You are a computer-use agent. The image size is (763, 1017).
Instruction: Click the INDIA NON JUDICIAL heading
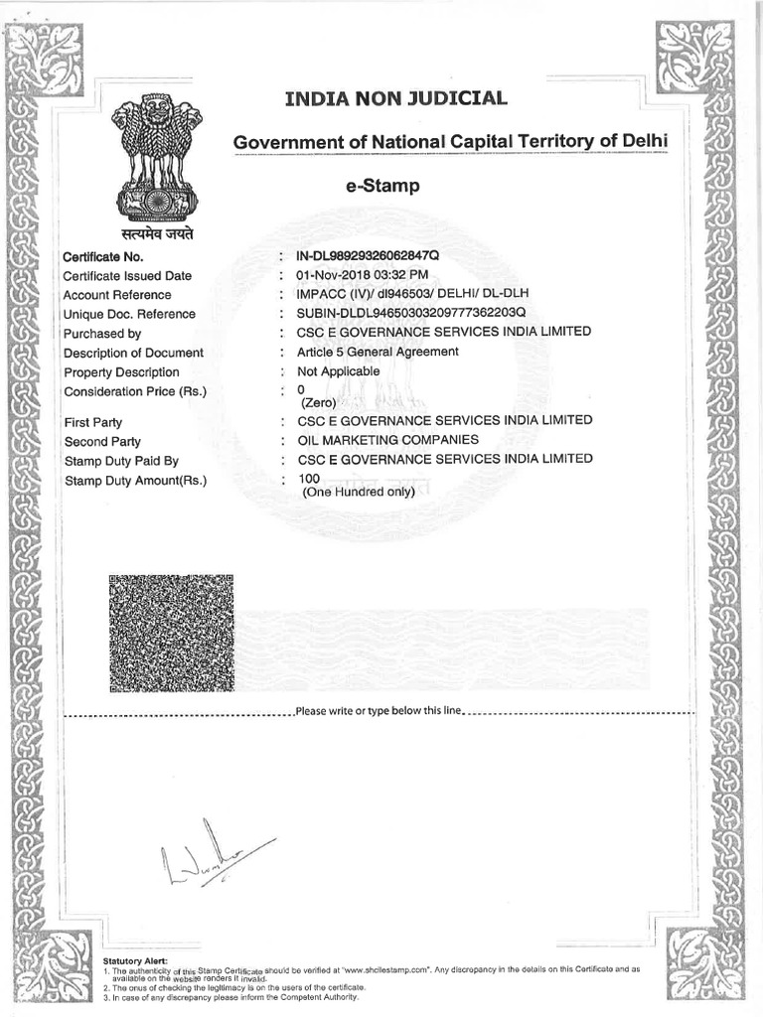(x=395, y=98)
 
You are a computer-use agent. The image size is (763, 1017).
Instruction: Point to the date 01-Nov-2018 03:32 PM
(x=356, y=275)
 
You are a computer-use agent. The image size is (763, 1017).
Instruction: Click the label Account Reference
(x=117, y=295)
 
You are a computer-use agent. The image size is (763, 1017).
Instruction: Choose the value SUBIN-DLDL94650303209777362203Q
(x=403, y=313)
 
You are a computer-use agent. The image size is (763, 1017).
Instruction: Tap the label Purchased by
(x=102, y=334)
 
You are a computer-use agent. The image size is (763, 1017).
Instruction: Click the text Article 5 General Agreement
(x=371, y=352)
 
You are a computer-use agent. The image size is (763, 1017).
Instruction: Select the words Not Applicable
(x=331, y=370)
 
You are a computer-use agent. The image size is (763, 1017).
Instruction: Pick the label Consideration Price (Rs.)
(x=135, y=391)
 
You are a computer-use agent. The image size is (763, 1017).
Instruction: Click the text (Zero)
(x=319, y=403)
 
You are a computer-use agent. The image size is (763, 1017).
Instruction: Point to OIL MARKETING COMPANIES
(x=381, y=439)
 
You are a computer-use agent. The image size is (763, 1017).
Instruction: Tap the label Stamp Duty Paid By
(x=121, y=461)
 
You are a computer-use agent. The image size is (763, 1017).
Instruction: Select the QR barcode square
(x=171, y=634)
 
